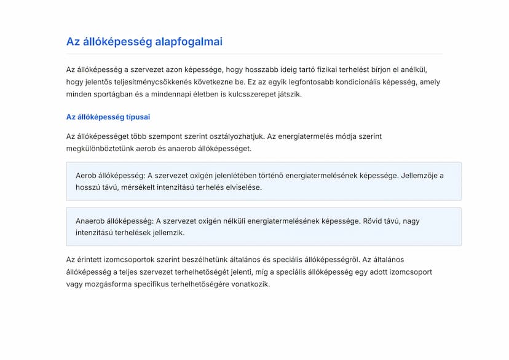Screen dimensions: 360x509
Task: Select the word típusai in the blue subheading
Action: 138,117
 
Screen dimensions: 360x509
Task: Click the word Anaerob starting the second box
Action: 90,221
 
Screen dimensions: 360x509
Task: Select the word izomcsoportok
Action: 133,260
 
